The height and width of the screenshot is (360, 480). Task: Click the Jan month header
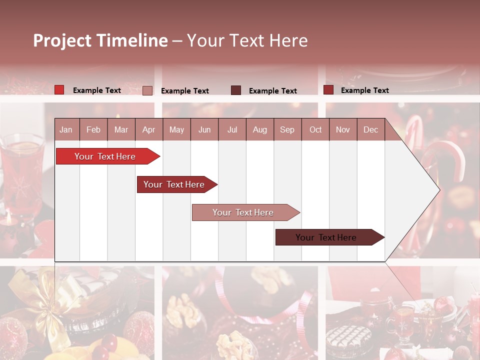click(66, 129)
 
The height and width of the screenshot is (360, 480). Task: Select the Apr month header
click(148, 129)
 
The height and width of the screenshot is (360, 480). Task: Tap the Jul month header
click(232, 129)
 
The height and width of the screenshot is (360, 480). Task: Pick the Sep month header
click(287, 129)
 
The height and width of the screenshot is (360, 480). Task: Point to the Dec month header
click(370, 129)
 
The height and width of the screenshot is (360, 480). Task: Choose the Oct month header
click(315, 129)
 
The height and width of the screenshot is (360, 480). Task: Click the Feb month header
click(93, 129)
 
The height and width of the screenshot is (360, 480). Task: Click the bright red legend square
click(59, 90)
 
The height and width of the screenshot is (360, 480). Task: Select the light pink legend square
click(147, 90)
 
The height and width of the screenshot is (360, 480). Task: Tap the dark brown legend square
click(236, 90)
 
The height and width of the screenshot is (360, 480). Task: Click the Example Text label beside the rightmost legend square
click(364, 90)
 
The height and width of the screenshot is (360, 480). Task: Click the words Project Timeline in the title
click(100, 40)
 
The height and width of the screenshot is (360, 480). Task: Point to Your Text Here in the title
click(247, 40)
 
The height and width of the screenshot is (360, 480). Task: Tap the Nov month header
click(342, 129)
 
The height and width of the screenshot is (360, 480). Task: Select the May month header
click(176, 129)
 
